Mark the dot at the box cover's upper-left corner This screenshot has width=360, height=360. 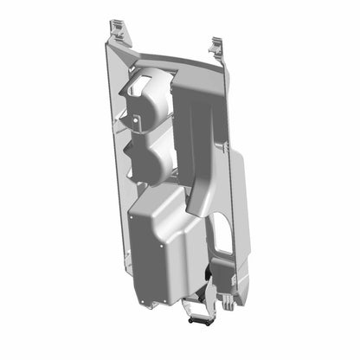[x=132, y=217]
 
